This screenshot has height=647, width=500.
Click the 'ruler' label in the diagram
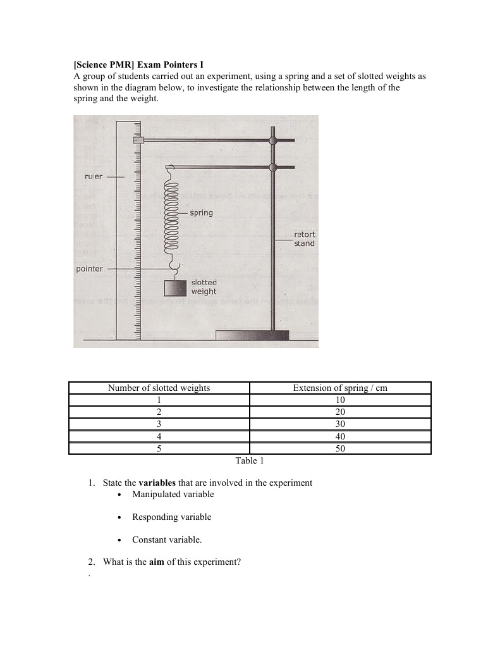click(x=93, y=176)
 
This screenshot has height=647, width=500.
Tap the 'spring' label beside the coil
click(x=201, y=213)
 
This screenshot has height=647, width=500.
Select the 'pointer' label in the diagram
click(x=89, y=269)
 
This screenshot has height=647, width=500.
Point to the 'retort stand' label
click(x=304, y=239)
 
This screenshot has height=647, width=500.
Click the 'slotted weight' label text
click(x=204, y=287)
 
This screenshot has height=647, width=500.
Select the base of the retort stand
click(x=252, y=335)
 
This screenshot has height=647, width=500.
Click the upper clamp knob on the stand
click(x=273, y=140)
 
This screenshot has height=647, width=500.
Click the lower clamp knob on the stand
click(x=273, y=167)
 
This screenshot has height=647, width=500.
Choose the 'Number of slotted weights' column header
click(x=159, y=388)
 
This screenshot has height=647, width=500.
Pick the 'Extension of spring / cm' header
click(x=340, y=388)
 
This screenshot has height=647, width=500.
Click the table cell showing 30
click(x=340, y=424)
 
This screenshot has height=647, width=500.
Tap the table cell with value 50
click(x=340, y=448)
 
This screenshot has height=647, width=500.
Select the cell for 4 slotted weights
click(x=159, y=436)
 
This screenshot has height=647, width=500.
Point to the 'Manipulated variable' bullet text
click(x=173, y=495)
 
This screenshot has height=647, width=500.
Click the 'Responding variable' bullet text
click(x=171, y=517)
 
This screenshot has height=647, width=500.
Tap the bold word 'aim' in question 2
click(x=156, y=562)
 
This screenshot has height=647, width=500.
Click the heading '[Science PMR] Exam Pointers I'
click(x=138, y=65)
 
